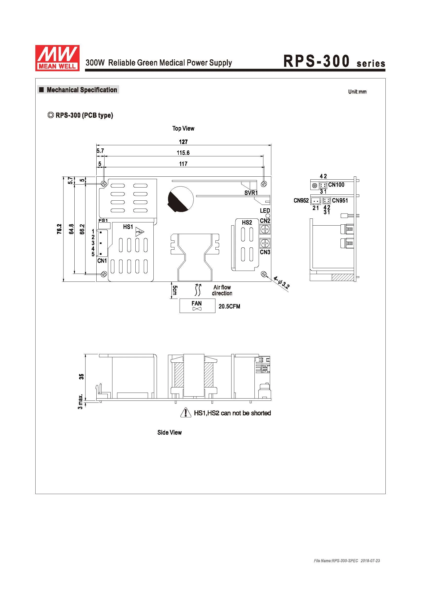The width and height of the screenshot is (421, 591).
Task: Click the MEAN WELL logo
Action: click(x=57, y=58)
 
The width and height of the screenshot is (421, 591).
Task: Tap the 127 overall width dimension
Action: click(x=183, y=142)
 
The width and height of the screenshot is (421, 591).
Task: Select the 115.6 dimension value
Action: click(x=183, y=153)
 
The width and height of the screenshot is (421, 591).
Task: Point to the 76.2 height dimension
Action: click(x=59, y=229)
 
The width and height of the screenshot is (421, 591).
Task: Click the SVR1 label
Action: click(x=251, y=193)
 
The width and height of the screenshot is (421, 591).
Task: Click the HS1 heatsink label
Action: click(x=128, y=227)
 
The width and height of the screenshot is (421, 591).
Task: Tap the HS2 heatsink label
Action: click(x=247, y=222)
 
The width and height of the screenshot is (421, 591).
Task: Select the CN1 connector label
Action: click(x=102, y=260)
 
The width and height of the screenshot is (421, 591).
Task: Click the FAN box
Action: click(x=197, y=306)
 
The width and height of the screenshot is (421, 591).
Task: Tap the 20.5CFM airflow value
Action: click(x=229, y=306)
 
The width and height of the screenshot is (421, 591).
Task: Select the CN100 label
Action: click(x=336, y=185)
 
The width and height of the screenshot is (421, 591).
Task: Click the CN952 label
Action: click(x=301, y=200)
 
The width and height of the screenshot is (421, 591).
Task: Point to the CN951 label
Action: click(x=340, y=200)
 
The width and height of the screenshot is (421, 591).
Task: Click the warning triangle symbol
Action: click(x=186, y=412)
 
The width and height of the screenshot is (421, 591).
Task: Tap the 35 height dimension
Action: click(x=81, y=376)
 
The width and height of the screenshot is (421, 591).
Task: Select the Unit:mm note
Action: click(x=357, y=92)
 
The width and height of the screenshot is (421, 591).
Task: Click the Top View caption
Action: click(x=183, y=128)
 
